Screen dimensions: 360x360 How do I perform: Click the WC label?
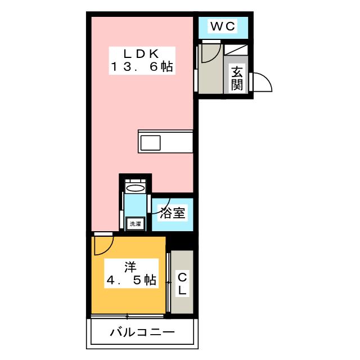click(223, 26)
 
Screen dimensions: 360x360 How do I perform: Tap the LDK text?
click(141, 54)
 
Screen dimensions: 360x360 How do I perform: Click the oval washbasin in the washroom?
click(136, 188)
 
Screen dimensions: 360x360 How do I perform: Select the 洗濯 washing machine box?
click(136, 223)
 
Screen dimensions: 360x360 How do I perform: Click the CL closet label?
click(183, 284)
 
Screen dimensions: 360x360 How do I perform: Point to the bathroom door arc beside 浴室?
click(154, 208)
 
